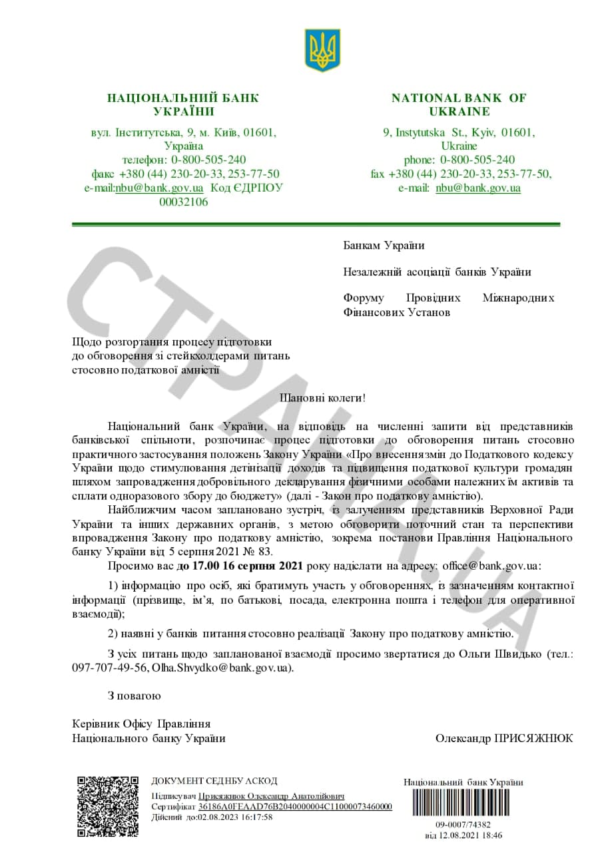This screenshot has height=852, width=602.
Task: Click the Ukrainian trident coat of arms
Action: tap(322, 50)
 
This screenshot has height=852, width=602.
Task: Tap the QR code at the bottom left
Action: tap(107, 806)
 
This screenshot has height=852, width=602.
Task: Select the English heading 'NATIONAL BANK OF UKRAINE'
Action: tap(459, 105)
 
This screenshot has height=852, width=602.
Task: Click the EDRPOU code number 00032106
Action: tap(183, 202)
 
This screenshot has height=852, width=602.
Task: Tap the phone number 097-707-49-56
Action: tap(110, 667)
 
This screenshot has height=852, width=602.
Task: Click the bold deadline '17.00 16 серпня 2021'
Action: tap(240, 566)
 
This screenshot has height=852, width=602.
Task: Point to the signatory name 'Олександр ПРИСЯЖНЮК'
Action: tap(503, 738)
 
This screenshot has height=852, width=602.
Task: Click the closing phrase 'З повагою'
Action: tap(134, 696)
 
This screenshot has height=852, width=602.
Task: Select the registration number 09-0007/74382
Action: tap(463, 824)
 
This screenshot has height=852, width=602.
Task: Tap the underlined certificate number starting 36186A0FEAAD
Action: tap(295, 807)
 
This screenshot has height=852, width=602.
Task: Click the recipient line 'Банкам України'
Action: tap(384, 246)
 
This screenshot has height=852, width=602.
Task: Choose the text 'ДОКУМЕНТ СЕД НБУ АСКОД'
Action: tap(214, 781)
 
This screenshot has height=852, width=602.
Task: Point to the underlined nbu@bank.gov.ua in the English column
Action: tap(477, 188)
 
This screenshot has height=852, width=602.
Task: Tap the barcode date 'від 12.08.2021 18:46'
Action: tap(463, 835)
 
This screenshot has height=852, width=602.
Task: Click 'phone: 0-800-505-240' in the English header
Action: tap(459, 160)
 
